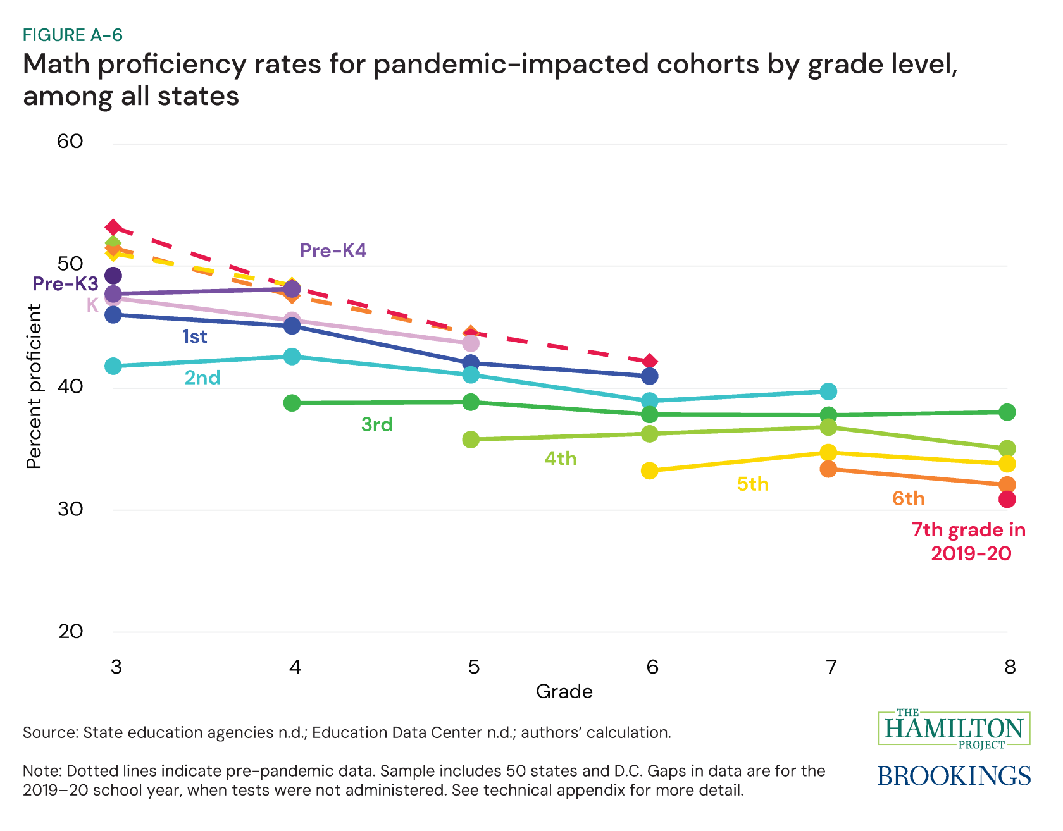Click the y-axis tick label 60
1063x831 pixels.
tap(70, 141)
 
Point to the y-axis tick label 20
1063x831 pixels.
tap(70, 631)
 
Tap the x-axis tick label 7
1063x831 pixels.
tap(831, 667)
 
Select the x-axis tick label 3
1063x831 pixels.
tap(116, 667)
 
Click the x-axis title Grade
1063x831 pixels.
tap(564, 691)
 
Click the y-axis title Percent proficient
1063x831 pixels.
tap(34, 386)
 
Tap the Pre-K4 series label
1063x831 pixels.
tap(333, 251)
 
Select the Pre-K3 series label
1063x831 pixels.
tap(65, 283)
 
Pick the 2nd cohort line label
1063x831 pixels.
tap(202, 378)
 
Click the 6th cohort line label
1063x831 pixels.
tap(908, 498)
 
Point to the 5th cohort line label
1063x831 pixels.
tap(752, 484)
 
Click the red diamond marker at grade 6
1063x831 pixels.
tap(650, 362)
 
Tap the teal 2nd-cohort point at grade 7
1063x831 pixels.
tap(828, 391)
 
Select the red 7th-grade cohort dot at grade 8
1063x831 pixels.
tap(1007, 500)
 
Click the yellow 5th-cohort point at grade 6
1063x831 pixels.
tap(649, 471)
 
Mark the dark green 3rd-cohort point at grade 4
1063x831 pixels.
tap(292, 403)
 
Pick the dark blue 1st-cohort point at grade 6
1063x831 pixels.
tap(650, 376)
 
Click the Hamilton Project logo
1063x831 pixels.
tap(954, 729)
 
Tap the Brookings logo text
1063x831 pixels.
tap(954, 776)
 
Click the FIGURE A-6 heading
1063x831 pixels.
tap(73, 35)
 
